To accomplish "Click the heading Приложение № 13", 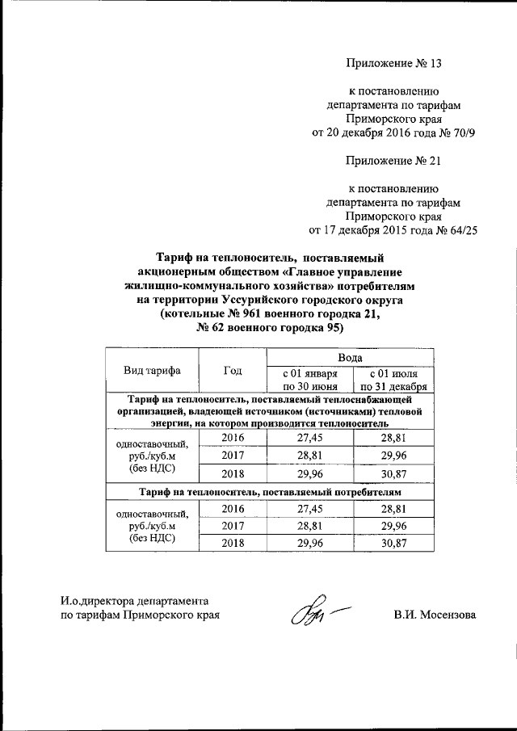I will pos(394,61).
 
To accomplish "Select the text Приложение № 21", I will pos(394,160).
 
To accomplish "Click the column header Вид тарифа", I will pos(152,371).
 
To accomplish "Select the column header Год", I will pos(233,371).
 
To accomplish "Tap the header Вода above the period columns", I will pos(349,356).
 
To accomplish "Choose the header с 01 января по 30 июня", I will pos(308,380).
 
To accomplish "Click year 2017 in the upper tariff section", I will pos(233,456).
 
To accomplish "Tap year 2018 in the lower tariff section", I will pos(233,544).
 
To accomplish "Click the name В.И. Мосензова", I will pos(435,615).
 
